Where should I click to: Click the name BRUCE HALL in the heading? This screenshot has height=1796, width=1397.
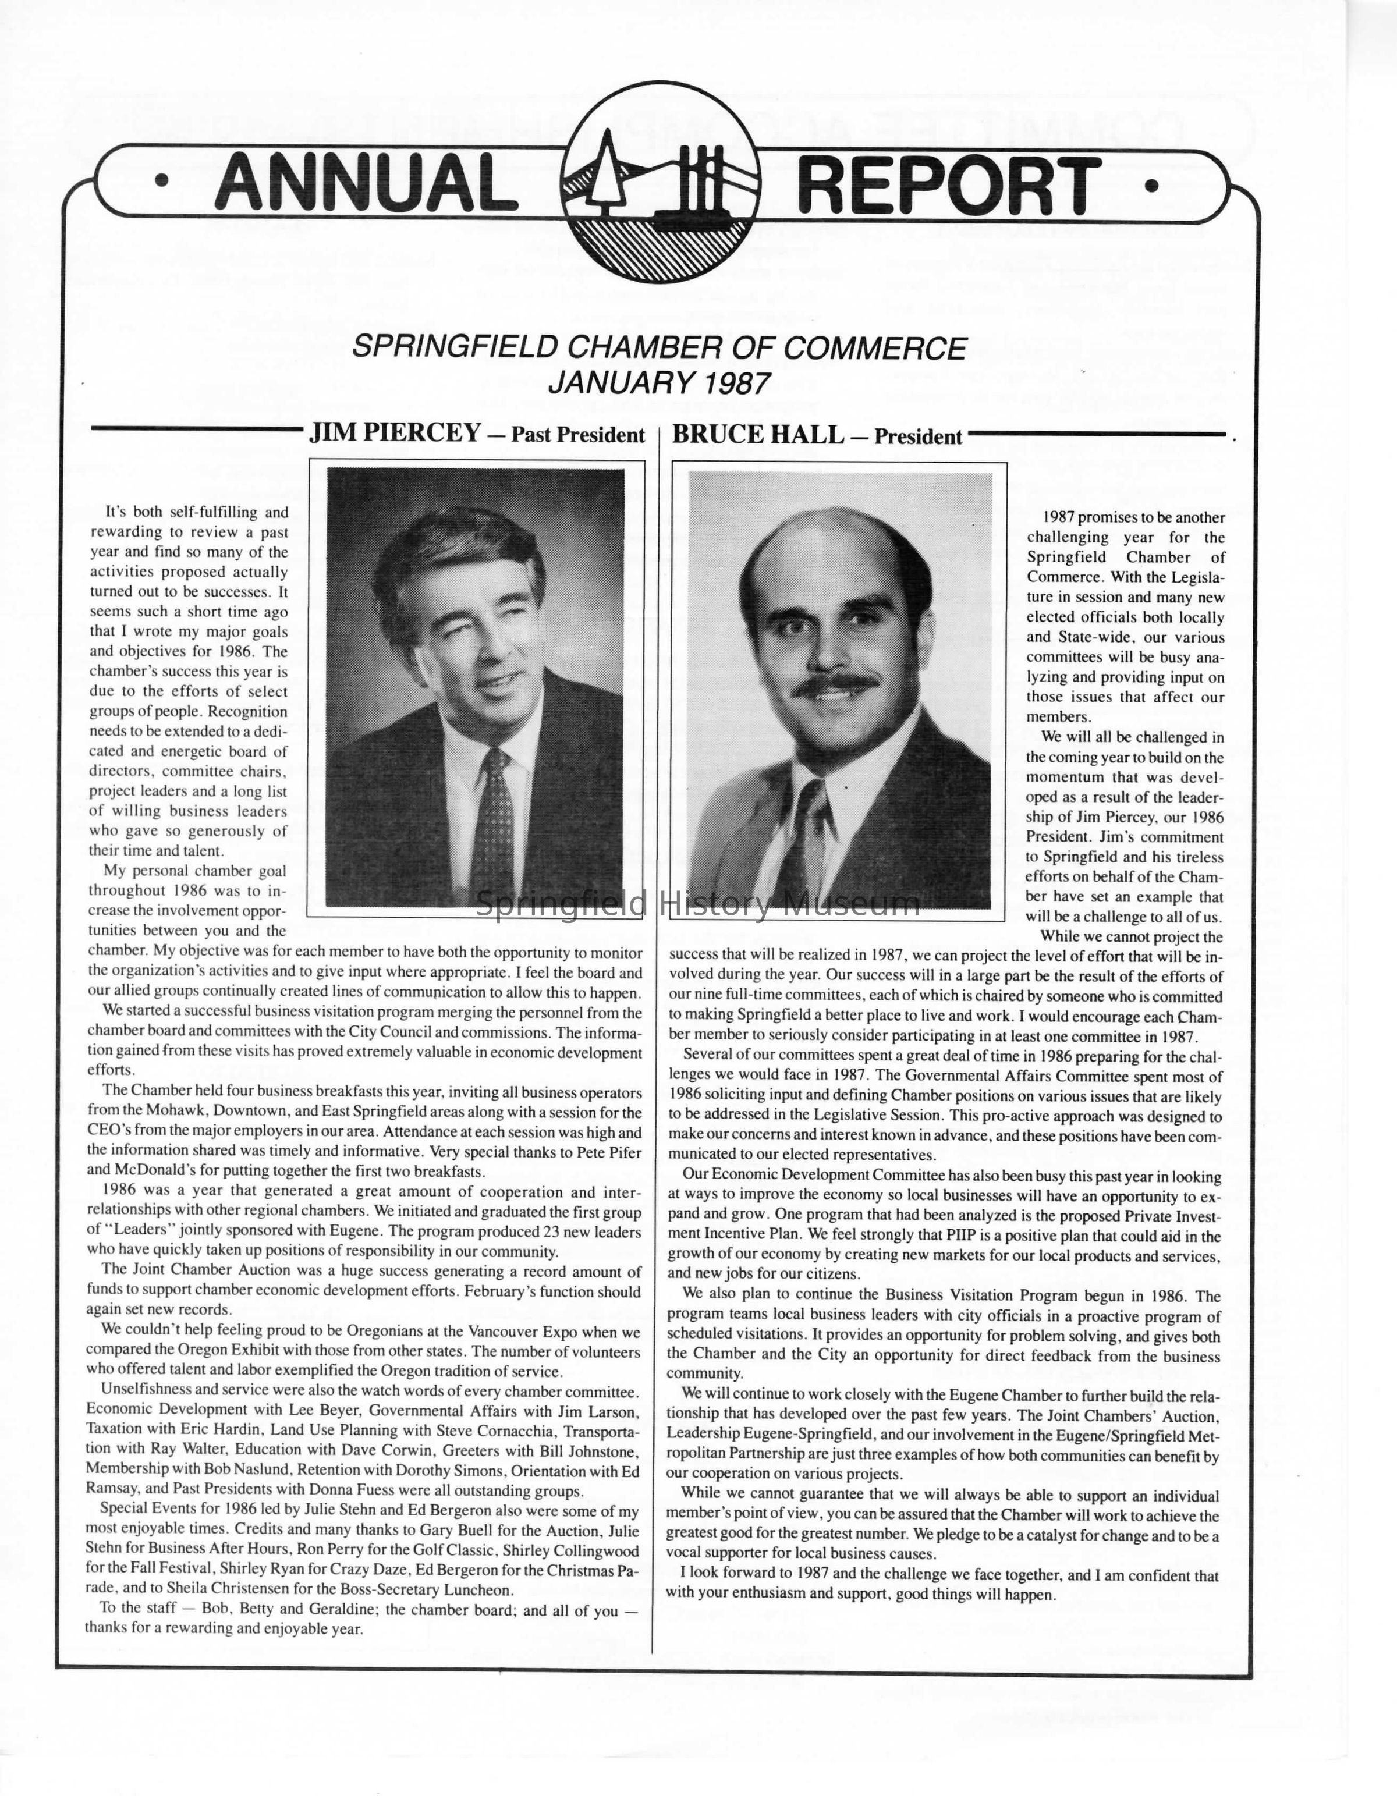tap(757, 434)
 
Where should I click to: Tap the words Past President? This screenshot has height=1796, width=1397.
tap(577, 435)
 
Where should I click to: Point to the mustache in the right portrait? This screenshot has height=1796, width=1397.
tap(836, 684)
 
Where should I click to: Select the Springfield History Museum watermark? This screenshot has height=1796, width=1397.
tap(697, 904)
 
